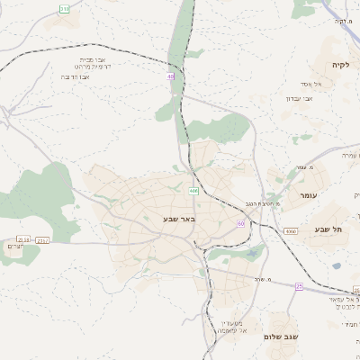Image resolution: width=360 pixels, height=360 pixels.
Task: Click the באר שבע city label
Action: tap(180, 218)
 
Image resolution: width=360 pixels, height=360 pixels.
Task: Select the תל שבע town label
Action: tap(328, 229)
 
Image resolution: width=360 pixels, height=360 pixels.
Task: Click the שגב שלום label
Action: tap(282, 337)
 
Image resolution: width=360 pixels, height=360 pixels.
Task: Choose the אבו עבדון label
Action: tap(299, 98)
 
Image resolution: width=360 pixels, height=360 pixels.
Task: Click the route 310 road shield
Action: tap(64, 8)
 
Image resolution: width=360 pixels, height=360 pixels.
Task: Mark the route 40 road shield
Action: tap(170, 76)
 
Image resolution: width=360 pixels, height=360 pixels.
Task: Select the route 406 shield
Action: tap(193, 191)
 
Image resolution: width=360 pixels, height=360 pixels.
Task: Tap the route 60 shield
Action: tap(241, 222)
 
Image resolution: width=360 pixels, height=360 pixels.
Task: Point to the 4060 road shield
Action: tap(290, 231)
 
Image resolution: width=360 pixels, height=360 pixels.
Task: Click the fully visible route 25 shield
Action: tap(299, 286)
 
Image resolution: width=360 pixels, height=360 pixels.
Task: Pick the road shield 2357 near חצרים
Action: tap(43, 240)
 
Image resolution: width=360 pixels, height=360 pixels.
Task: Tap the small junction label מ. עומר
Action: tap(304, 166)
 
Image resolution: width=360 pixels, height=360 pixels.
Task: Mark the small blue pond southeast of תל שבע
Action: tap(336, 265)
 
